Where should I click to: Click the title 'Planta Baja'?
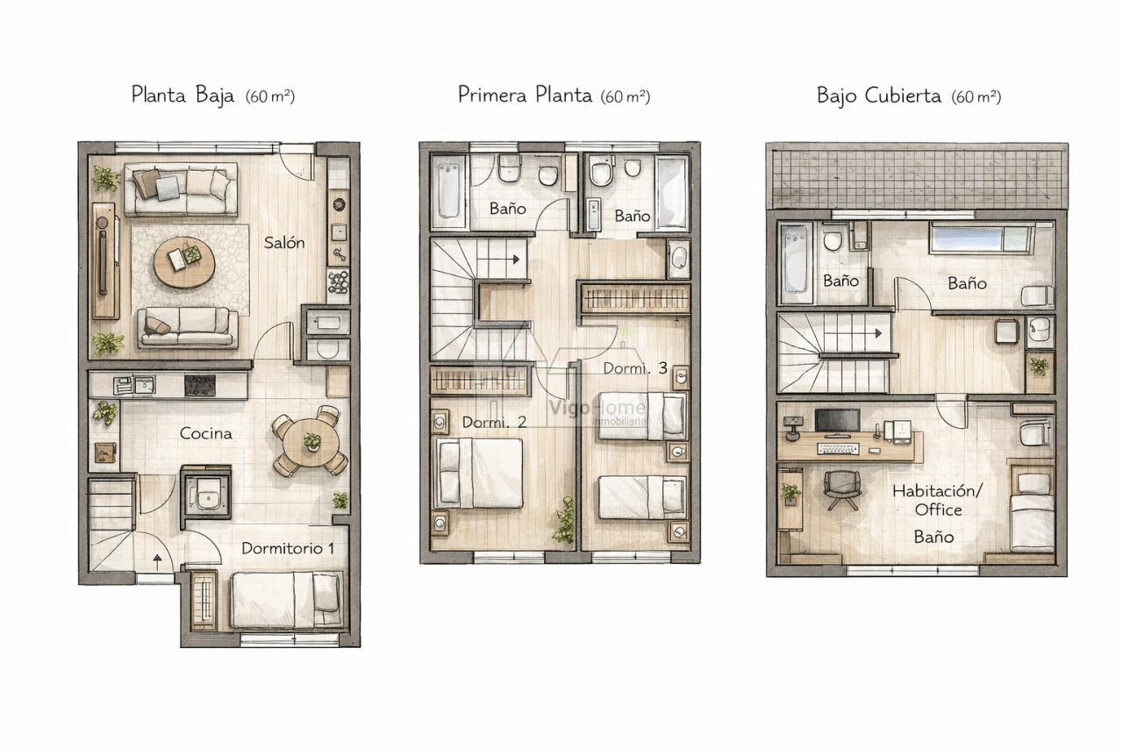(182, 95)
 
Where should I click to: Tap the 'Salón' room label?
(284, 243)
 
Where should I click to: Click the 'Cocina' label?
(206, 433)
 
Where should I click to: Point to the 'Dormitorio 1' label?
(288, 548)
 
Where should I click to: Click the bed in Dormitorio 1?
(285, 599)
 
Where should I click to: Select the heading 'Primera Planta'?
(525, 95)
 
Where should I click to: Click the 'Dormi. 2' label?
(494, 422)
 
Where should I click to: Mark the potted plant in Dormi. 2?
(563, 521)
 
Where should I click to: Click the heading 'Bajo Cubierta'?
(879, 95)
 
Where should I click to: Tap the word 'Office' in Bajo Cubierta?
(938, 509)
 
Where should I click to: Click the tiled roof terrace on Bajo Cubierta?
(917, 175)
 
